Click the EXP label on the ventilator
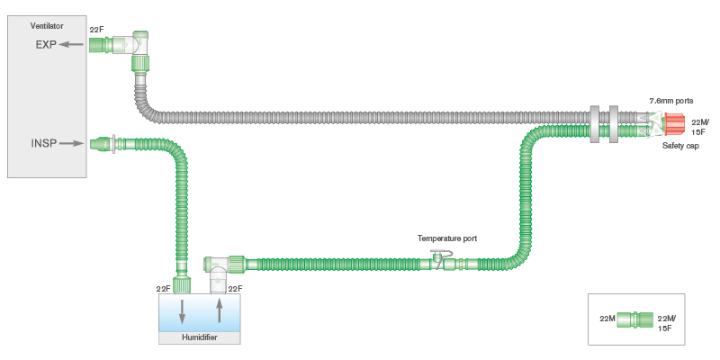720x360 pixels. pyautogui.click(x=46, y=44)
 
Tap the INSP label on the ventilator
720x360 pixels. pyautogui.click(x=44, y=142)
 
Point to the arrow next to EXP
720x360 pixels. pyautogui.click(x=72, y=44)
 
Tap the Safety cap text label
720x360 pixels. pyautogui.click(x=680, y=146)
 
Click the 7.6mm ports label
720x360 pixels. pyautogui.click(x=671, y=101)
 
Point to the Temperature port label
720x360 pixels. pyautogui.click(x=446, y=238)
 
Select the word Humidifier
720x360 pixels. pyautogui.click(x=200, y=337)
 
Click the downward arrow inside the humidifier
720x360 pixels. pyautogui.click(x=183, y=312)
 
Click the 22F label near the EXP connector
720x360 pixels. pyautogui.click(x=97, y=30)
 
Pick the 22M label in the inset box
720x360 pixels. pyautogui.click(x=607, y=319)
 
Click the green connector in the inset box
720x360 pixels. pyautogui.click(x=634, y=319)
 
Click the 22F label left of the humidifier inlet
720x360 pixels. pyautogui.click(x=163, y=289)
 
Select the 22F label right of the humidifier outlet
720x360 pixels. pyautogui.click(x=235, y=289)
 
